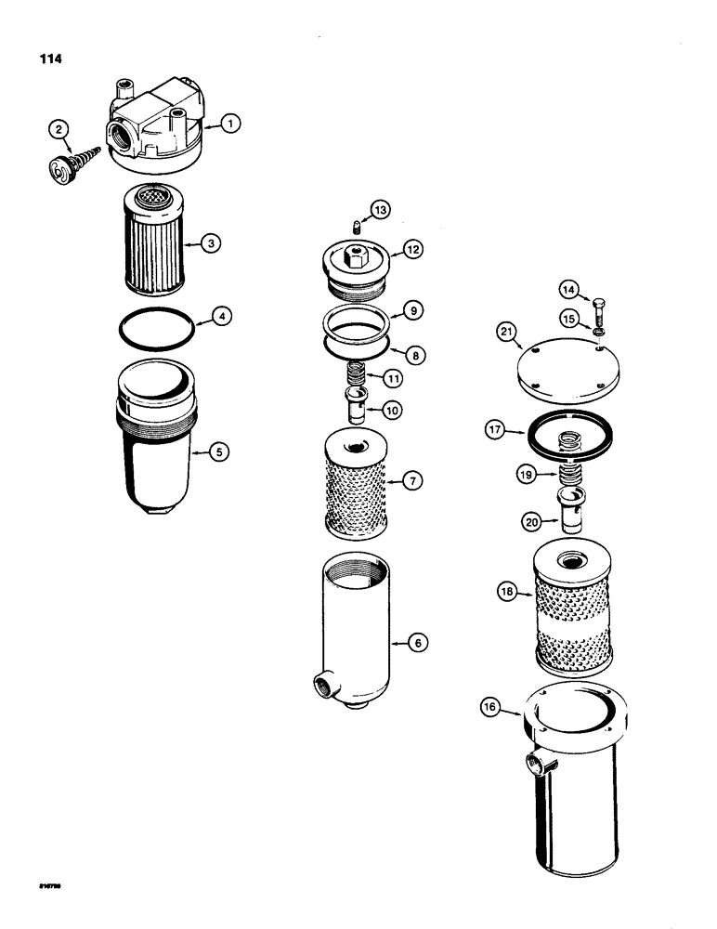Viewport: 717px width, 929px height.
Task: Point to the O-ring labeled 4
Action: coord(220,451)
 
